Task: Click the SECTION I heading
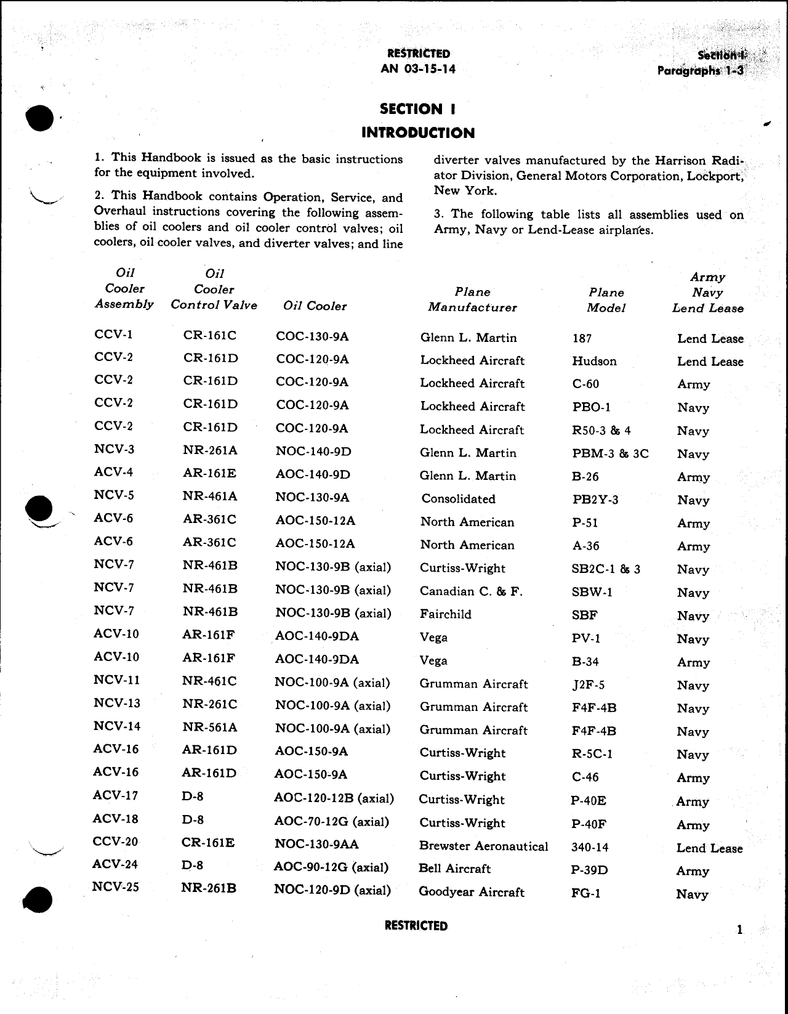tap(417, 109)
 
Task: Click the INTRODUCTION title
tap(417, 133)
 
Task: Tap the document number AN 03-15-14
tap(418, 69)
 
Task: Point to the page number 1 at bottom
tap(739, 930)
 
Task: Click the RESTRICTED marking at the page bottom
tap(416, 926)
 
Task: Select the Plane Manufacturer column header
tap(472, 299)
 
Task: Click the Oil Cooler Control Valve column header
tap(214, 289)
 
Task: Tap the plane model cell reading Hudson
tap(594, 361)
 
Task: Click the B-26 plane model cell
tap(585, 476)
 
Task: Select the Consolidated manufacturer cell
tap(458, 499)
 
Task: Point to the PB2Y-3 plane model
tap(595, 500)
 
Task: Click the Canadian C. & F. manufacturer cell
tap(471, 591)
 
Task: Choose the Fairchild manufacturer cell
tap(445, 614)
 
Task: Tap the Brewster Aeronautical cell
tap(483, 846)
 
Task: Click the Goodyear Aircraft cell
tap(471, 892)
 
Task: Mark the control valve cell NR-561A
tap(209, 728)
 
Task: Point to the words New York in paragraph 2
tap(456, 190)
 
